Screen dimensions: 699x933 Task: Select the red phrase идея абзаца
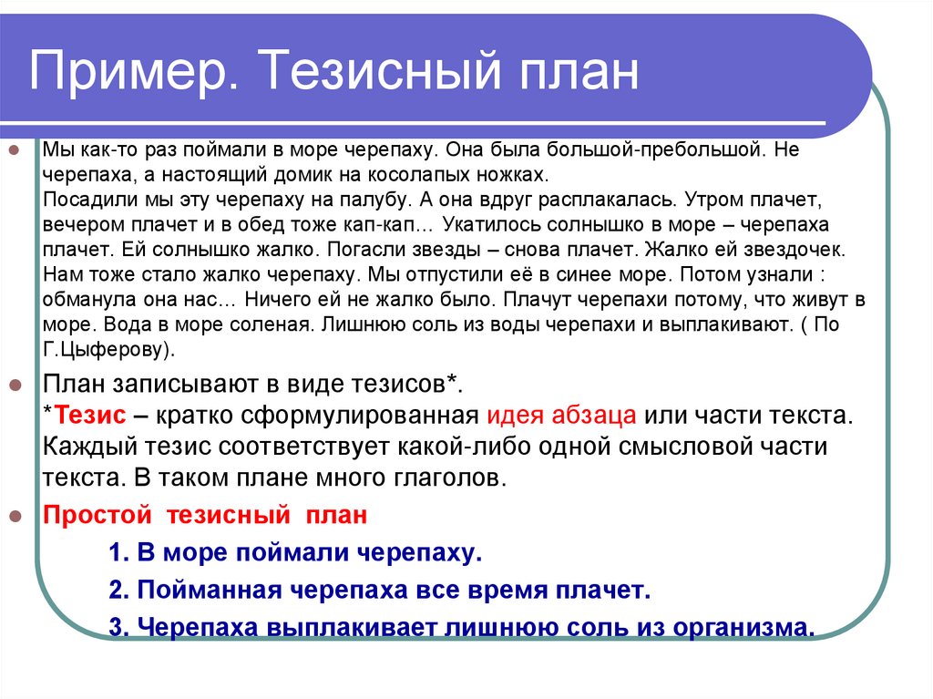pyautogui.click(x=561, y=416)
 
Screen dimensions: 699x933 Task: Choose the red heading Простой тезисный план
pyautogui.click(x=206, y=516)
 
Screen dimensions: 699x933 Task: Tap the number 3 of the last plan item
pyautogui.click(x=115, y=628)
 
